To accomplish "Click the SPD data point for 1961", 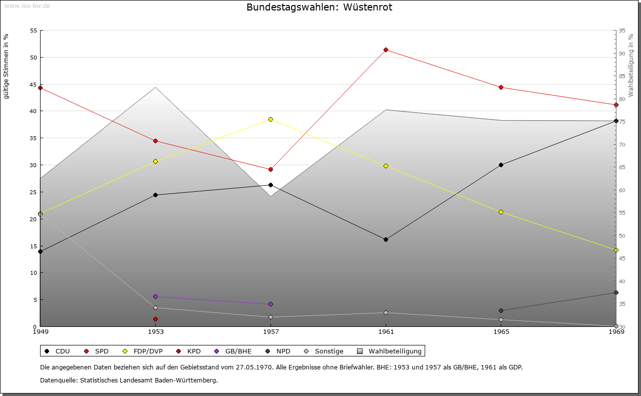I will (386, 50).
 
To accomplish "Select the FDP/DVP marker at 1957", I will (270, 119).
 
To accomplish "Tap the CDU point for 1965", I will (501, 165).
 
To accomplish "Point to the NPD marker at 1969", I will (616, 292).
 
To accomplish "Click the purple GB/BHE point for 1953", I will (155, 296).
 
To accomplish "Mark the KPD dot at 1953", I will (155, 319).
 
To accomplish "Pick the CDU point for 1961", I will (386, 239).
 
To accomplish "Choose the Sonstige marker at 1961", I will (386, 312).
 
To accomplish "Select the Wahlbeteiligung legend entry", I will (390, 351).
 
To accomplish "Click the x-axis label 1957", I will (270, 331).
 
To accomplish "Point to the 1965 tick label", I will (501, 331).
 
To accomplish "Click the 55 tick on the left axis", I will (34, 31).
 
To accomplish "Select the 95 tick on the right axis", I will (622, 31).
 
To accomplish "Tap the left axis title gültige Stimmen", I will (6, 66).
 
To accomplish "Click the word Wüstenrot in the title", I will (368, 8).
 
